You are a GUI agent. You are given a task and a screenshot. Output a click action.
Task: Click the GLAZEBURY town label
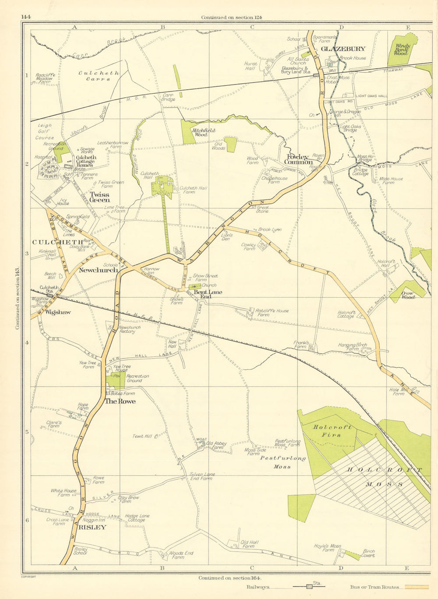click(343, 49)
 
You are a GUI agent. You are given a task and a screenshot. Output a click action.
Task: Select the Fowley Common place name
click(300, 159)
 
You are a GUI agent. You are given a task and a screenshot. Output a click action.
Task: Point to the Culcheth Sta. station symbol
click(50, 296)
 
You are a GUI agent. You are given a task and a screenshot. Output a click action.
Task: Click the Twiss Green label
click(99, 197)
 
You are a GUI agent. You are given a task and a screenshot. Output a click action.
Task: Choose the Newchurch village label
click(98, 270)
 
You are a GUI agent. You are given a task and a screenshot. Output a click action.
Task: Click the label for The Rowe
click(120, 401)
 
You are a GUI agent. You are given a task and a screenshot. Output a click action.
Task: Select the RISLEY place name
click(92, 527)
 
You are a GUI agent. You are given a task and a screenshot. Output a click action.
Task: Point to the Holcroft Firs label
click(332, 431)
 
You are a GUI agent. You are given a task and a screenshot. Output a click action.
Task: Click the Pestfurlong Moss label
click(283, 462)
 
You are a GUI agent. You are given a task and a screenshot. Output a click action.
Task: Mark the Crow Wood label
click(407, 295)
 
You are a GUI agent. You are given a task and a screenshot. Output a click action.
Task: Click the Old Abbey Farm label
click(216, 445)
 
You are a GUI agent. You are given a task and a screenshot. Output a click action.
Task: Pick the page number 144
click(25, 17)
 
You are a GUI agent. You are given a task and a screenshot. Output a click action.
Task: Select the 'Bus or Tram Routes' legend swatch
click(416, 587)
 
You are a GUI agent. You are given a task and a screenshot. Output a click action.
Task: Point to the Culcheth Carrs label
click(99, 76)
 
